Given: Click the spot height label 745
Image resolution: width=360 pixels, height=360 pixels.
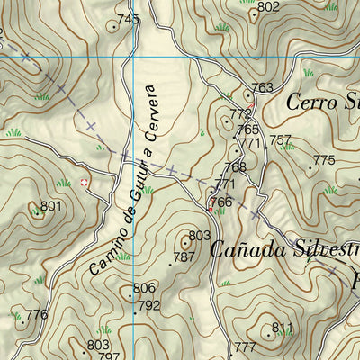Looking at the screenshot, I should [x=129, y=19].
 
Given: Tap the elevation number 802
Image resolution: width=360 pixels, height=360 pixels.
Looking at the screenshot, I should [x=268, y=8].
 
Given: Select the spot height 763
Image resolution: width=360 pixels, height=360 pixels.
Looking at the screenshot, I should [x=262, y=88].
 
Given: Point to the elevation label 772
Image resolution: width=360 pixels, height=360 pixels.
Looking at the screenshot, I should [x=240, y=114].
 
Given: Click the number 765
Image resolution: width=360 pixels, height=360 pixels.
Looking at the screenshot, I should [x=247, y=130].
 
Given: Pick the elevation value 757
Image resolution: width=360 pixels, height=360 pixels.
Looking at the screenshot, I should [x=281, y=140].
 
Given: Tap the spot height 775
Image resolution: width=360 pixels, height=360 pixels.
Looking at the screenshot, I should [x=323, y=161].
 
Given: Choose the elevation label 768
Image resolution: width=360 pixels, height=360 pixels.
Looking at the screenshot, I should [x=235, y=167].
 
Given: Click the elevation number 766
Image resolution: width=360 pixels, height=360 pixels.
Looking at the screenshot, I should [x=221, y=202].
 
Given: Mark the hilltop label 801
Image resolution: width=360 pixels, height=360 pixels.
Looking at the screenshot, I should [x=51, y=207].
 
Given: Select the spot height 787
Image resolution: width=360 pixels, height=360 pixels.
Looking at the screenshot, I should [x=184, y=256].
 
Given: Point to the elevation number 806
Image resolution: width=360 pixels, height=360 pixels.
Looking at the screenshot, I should [x=144, y=288].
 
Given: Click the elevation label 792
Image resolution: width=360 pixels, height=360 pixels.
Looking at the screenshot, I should [x=148, y=305].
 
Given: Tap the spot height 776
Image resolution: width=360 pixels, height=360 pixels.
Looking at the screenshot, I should [x=36, y=314].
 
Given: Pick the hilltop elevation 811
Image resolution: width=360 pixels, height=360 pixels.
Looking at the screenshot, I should [x=283, y=328].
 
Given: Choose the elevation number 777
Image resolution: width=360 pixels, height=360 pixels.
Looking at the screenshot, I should [x=245, y=347].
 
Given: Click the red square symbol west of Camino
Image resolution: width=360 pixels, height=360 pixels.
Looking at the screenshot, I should [x=85, y=183].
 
